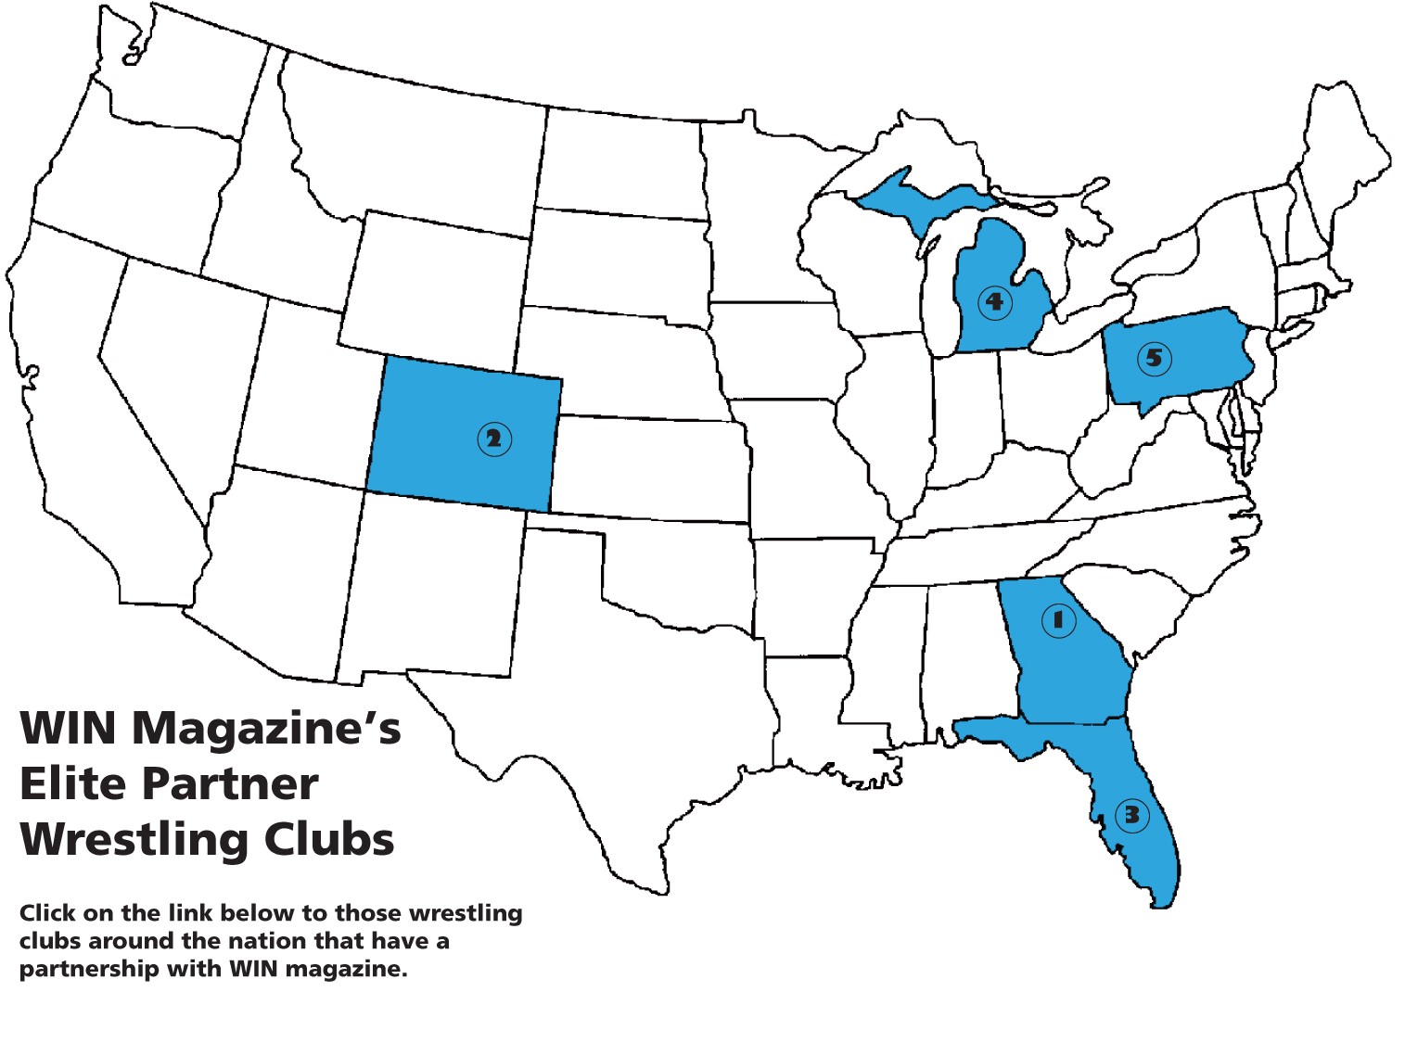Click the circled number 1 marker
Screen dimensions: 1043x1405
pos(1057,619)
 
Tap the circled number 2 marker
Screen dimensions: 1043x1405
pos(493,439)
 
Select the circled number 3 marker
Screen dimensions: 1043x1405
pos(1132,815)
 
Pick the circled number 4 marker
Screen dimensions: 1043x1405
pos(994,301)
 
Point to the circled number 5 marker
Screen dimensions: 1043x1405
pos(1154,358)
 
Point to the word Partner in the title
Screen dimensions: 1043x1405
pos(230,784)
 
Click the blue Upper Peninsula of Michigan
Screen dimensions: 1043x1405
pos(918,199)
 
